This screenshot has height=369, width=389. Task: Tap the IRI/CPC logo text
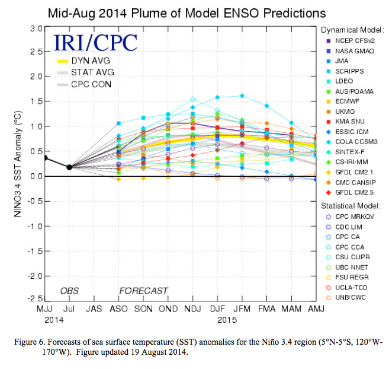click(95, 42)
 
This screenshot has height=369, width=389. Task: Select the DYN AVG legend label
click(92, 61)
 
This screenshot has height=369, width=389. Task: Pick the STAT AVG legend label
click(93, 72)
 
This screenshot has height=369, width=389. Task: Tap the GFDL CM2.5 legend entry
click(353, 192)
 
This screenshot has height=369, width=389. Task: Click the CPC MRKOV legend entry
click(355, 217)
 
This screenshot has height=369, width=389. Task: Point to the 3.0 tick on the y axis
click(34, 27)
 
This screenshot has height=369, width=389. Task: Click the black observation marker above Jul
click(69, 167)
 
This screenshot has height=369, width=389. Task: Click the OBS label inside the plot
click(69, 291)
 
